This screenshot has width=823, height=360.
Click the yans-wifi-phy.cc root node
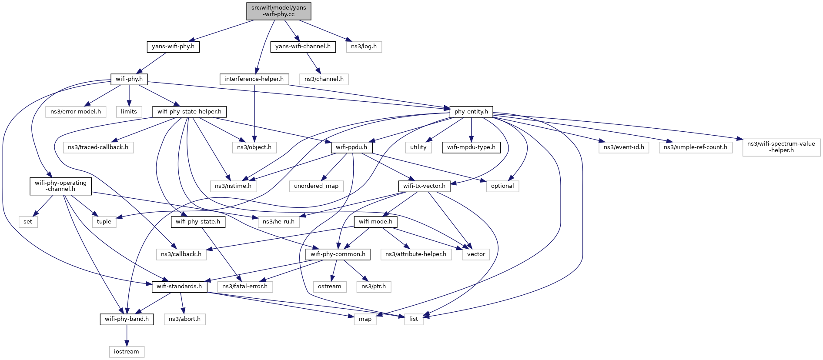(x=279, y=11)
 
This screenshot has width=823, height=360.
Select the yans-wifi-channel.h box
(x=303, y=47)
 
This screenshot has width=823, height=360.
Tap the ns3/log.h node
(x=364, y=47)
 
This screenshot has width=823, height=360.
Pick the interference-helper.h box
(x=254, y=79)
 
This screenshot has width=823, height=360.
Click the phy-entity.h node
(x=471, y=112)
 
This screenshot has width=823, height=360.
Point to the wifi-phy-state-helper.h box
(x=189, y=112)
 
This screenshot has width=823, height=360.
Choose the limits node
(x=129, y=112)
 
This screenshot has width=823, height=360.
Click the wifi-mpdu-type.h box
(x=471, y=147)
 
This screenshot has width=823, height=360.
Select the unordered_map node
(x=316, y=186)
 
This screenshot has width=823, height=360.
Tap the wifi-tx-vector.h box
(x=424, y=186)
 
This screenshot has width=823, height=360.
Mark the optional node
(x=502, y=186)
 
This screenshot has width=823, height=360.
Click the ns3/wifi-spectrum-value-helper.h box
(x=781, y=147)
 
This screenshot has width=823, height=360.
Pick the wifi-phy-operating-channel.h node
(x=61, y=186)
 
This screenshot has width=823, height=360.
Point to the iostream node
(x=127, y=352)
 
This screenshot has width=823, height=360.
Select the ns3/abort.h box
(x=184, y=319)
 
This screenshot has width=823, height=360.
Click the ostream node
(x=330, y=287)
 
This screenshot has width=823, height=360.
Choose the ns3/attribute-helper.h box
(x=416, y=254)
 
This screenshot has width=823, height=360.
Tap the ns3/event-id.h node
(x=624, y=147)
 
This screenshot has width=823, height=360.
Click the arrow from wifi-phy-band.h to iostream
(x=127, y=335)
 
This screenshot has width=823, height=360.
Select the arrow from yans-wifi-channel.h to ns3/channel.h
(x=313, y=63)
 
